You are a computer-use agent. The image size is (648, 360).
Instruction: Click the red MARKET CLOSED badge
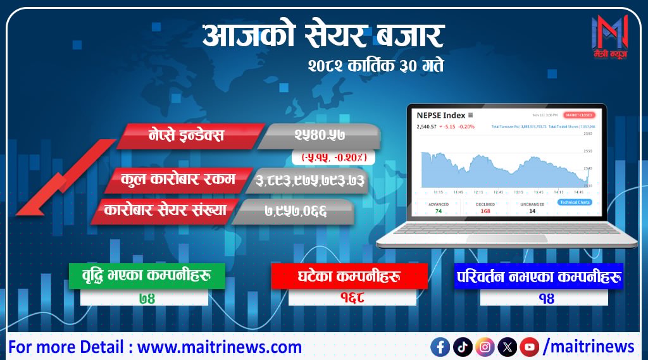580,115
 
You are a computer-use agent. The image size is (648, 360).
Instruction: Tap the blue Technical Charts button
575,202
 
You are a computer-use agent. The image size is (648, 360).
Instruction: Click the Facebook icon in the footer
440,346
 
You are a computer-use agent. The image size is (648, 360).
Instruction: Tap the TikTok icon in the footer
463,346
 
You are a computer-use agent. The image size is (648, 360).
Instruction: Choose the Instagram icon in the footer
485,346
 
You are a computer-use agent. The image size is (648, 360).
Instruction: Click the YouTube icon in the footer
529,346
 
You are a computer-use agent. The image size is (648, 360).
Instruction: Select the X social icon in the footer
507,346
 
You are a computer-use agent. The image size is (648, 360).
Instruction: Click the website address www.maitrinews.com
220,347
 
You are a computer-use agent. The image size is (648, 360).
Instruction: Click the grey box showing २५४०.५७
320,135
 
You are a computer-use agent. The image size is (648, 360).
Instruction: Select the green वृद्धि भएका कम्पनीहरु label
146,276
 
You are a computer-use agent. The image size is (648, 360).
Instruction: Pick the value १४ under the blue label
544,297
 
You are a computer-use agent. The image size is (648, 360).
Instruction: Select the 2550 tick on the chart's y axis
587,151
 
